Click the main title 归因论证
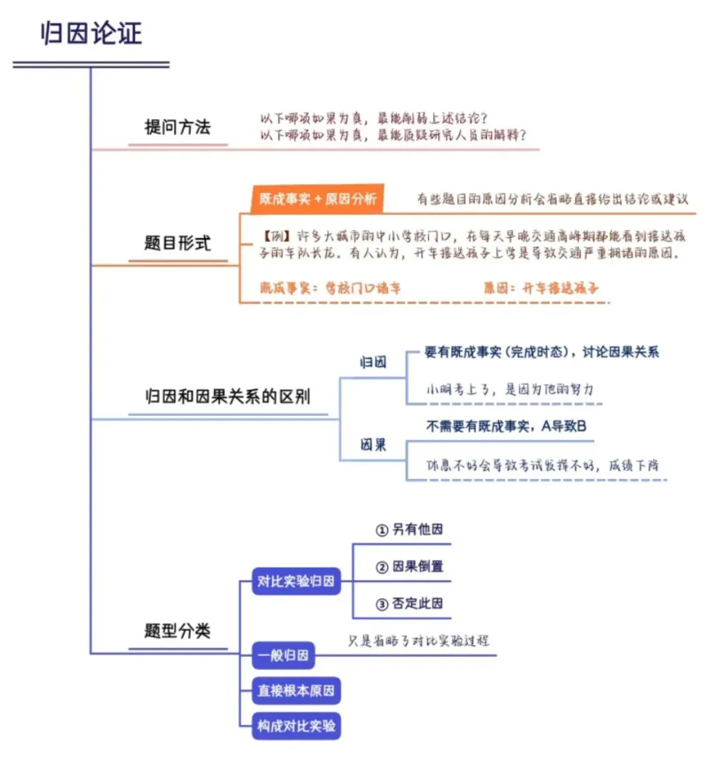point(92,33)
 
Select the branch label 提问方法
point(177,127)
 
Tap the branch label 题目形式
point(177,243)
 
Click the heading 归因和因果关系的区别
point(227,396)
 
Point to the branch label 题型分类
point(177,630)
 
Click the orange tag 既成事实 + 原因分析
point(317,198)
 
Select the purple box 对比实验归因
point(296,581)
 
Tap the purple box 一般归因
point(283,655)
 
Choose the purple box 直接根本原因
point(296,691)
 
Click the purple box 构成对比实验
point(296,726)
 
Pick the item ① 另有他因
point(409,529)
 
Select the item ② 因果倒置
point(409,566)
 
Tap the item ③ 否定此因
point(409,603)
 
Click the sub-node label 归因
point(373,362)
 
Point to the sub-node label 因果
point(373,444)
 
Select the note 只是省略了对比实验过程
point(418,640)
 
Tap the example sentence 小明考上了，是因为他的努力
point(510,390)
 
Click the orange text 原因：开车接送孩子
point(541,288)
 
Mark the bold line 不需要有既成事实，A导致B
point(506,427)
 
